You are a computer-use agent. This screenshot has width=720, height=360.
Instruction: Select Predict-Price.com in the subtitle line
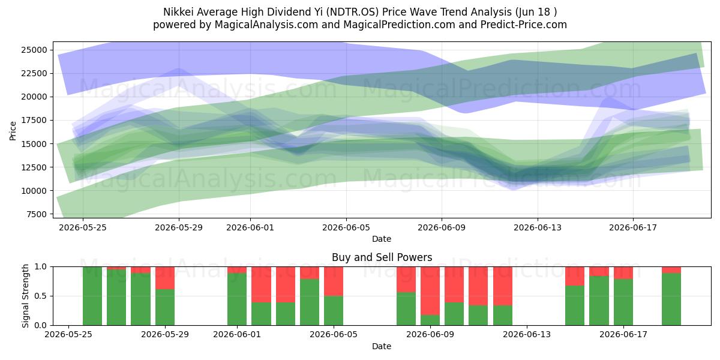[524, 25]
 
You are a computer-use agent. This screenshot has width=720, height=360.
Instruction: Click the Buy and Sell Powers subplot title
[382, 257]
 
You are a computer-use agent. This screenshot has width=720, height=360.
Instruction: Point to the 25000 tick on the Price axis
[34, 50]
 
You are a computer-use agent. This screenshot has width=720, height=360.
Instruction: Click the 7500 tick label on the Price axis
[37, 214]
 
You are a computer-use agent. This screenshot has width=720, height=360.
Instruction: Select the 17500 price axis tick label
[34, 120]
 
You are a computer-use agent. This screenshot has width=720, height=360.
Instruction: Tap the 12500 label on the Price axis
[34, 167]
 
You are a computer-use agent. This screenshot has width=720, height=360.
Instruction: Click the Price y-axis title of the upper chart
[13, 131]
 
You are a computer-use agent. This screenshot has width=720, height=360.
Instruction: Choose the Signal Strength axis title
[25, 296]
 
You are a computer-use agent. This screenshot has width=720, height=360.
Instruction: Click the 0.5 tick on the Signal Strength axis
[40, 296]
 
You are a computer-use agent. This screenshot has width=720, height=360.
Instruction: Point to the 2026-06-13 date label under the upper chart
[538, 227]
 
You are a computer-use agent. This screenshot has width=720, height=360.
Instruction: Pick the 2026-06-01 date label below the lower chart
[237, 334]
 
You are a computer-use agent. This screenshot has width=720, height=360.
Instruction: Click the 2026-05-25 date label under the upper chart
[83, 227]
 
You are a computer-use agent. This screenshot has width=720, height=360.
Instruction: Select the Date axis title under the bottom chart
[382, 346]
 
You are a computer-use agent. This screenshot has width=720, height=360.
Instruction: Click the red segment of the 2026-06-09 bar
[430, 291]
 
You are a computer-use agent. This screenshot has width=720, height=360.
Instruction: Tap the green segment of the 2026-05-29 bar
[165, 307]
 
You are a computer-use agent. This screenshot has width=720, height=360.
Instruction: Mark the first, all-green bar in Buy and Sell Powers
[92, 296]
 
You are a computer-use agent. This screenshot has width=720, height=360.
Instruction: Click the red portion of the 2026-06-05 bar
[334, 281]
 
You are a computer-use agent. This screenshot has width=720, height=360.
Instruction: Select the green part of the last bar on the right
[671, 299]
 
